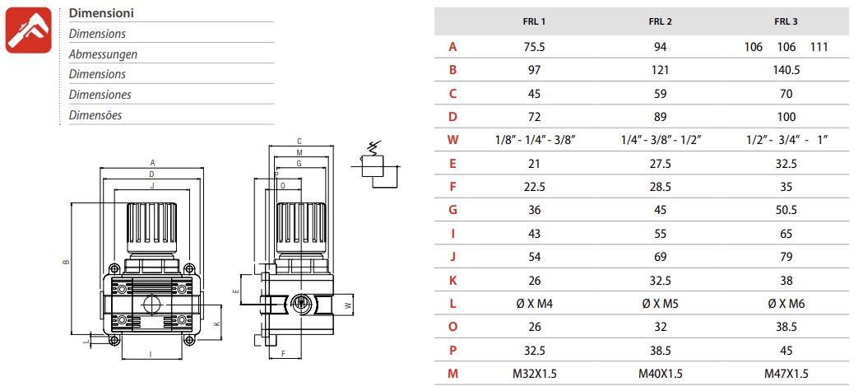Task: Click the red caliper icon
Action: click(28, 30)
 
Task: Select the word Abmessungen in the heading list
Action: click(103, 54)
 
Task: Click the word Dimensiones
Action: click(100, 94)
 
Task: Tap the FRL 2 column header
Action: click(660, 21)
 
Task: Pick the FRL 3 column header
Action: click(786, 21)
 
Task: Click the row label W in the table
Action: click(453, 140)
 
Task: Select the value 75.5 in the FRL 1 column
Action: click(534, 47)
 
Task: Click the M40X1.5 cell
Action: click(660, 374)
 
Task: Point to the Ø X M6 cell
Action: click(786, 304)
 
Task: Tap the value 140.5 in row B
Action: click(786, 70)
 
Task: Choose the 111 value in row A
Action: click(819, 47)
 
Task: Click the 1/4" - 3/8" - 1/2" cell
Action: click(661, 140)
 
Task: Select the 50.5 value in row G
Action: click(786, 210)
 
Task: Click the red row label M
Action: click(453, 374)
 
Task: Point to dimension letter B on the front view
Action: click(67, 262)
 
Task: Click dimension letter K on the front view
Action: click(216, 324)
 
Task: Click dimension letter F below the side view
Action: click(284, 353)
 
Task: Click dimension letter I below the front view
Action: click(150, 354)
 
